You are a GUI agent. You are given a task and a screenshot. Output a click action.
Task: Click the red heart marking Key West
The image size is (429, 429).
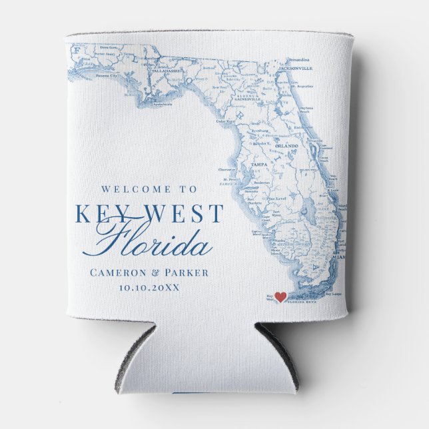(x=280, y=296)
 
